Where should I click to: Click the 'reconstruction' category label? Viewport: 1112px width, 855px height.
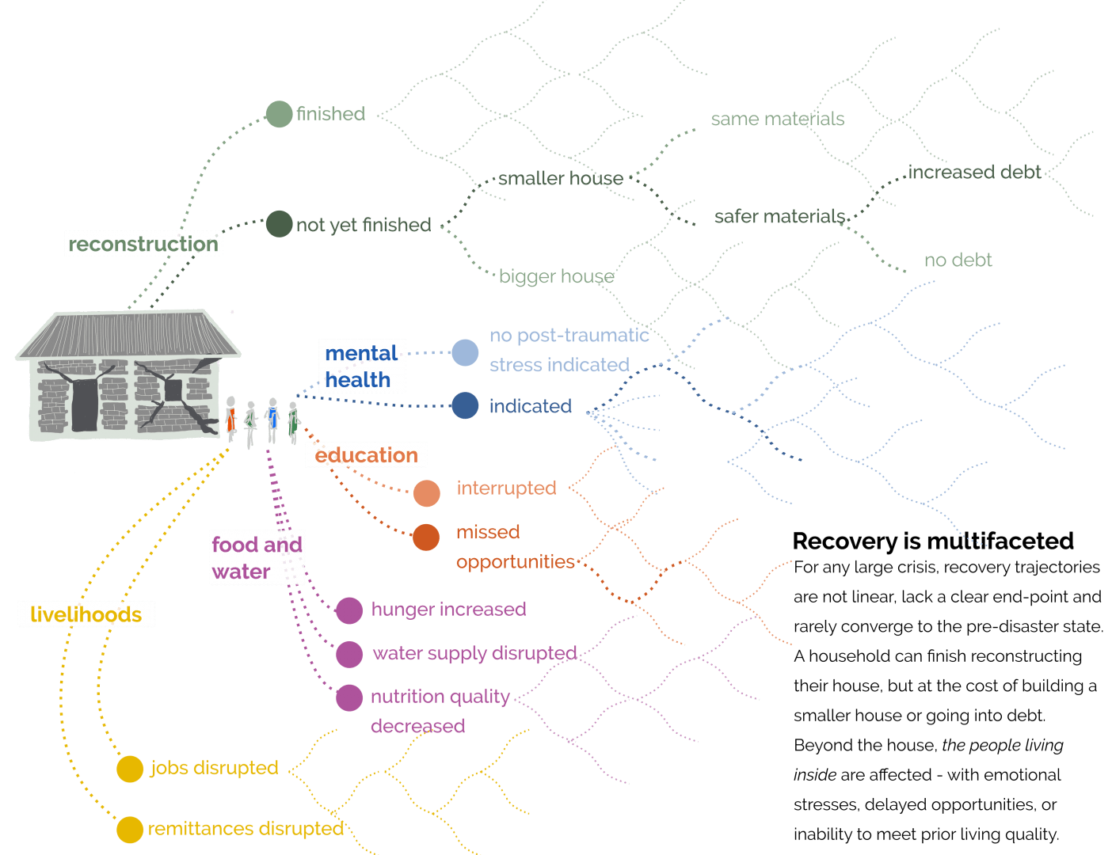(143, 244)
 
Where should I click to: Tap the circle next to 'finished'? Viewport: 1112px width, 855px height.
(279, 114)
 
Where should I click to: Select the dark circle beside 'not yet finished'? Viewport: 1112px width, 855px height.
(279, 224)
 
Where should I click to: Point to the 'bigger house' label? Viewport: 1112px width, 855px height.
(556, 276)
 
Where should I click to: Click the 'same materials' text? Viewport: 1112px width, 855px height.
(777, 120)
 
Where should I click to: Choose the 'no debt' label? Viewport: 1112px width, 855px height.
(958, 260)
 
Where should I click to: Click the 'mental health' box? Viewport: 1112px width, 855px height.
(361, 366)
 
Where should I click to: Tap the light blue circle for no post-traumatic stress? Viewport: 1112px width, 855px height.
(465, 353)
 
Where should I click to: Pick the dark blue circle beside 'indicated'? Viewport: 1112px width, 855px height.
(465, 406)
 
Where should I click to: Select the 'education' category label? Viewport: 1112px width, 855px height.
(366, 455)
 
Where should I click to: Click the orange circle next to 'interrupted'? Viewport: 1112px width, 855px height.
(427, 493)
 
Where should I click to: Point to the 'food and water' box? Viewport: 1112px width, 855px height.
(257, 557)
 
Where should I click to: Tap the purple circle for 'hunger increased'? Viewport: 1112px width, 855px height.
(349, 610)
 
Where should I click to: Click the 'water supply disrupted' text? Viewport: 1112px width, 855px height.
(474, 653)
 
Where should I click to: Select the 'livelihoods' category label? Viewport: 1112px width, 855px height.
(86, 614)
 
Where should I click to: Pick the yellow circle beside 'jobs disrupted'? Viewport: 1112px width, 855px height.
(130, 769)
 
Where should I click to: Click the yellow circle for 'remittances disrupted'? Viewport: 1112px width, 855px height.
(130, 830)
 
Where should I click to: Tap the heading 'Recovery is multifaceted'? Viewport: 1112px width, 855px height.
(933, 541)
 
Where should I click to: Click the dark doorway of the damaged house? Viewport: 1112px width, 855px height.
(85, 405)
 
